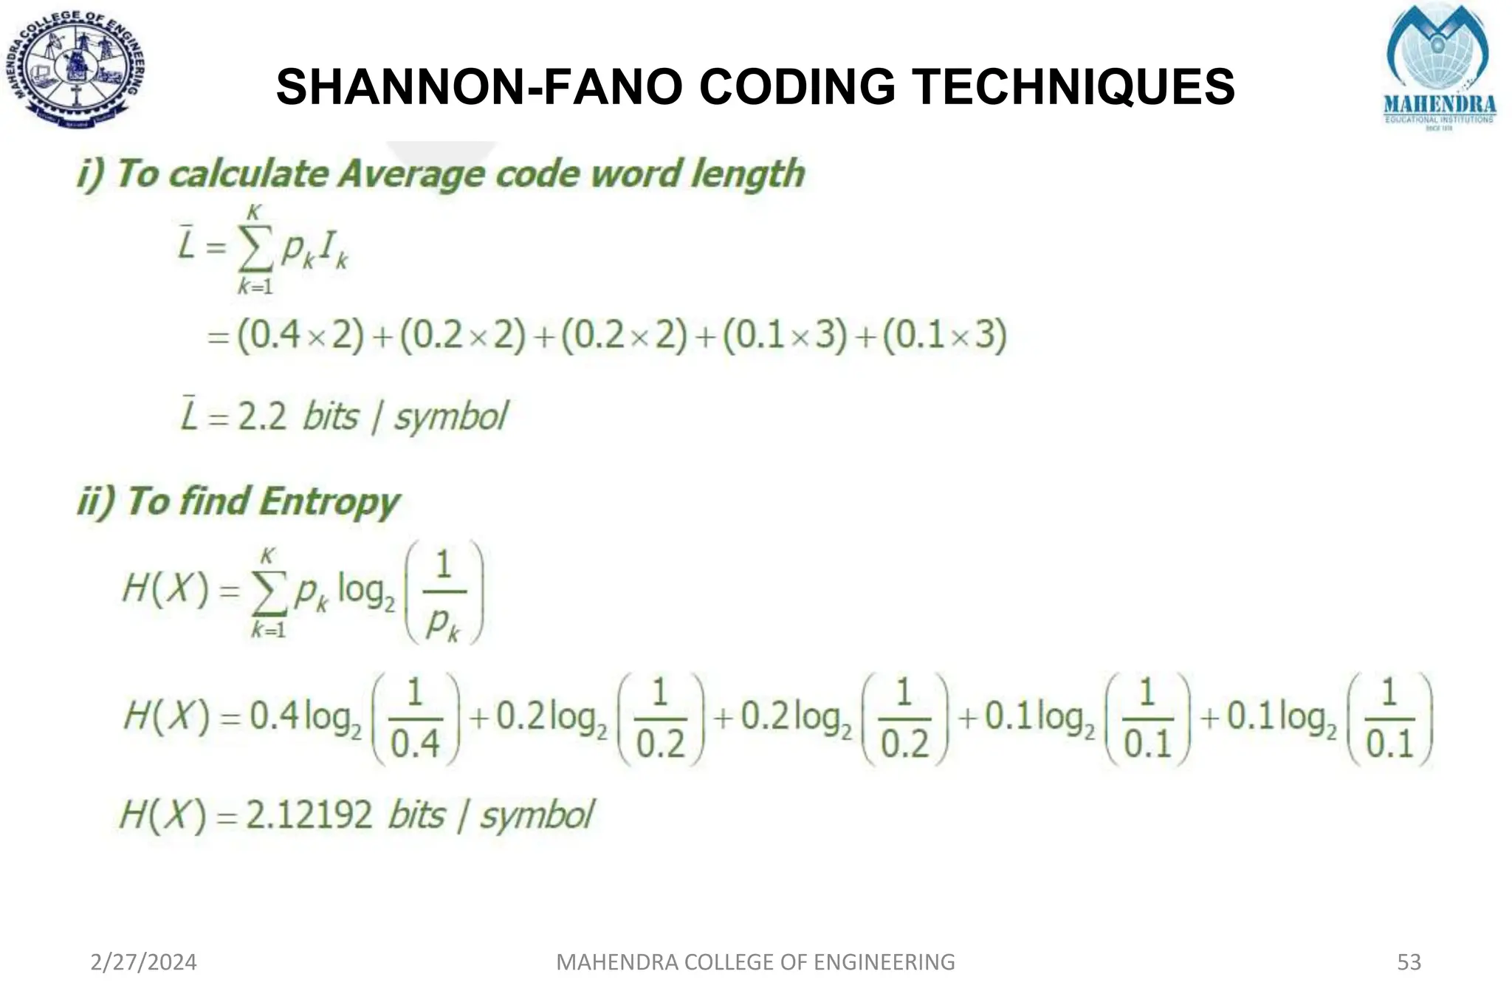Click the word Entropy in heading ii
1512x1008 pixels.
pos(329,502)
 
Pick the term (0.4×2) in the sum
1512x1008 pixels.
pos(300,335)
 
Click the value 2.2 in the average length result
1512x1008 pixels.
pos(262,417)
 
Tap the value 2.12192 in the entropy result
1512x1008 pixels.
pos(309,816)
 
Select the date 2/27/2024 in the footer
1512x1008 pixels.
pos(143,962)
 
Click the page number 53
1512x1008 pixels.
pos(1409,962)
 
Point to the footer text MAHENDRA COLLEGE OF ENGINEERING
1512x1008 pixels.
pos(755,962)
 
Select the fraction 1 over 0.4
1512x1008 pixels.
pos(415,719)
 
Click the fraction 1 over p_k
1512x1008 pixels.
pos(443,594)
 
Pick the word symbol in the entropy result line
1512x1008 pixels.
pos(537,816)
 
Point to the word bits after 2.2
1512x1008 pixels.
pos(331,417)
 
